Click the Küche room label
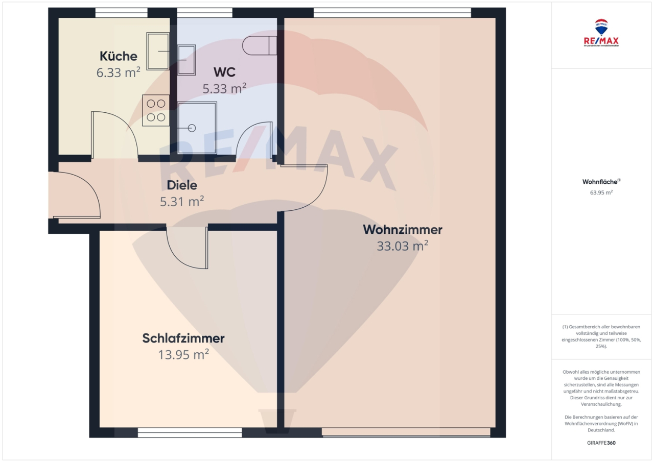118,56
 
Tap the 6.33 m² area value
118,72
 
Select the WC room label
224,72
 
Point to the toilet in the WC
260,45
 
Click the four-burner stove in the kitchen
156,110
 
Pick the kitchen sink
158,51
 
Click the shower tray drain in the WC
192,128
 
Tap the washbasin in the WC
186,59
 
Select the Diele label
182,186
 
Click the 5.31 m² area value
182,202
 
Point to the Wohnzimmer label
403,230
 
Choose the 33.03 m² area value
403,246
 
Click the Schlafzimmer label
183,338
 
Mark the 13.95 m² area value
183,355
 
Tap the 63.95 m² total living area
601,193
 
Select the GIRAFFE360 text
601,443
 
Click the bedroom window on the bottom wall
190,433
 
